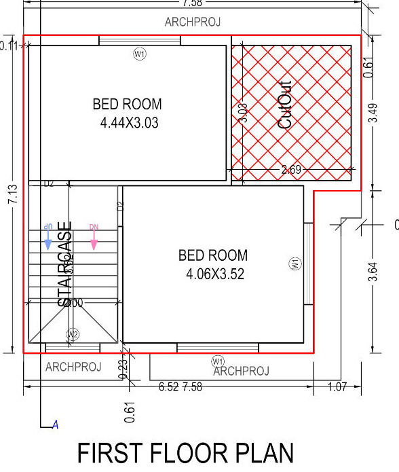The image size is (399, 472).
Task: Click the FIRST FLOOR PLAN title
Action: coord(186,454)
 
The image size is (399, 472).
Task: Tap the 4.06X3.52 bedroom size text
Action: coord(214,274)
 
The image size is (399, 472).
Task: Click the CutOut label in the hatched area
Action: coord(286,105)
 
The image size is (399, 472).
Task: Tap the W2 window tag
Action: coord(73,334)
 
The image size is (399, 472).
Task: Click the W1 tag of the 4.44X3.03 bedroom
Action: coord(140,55)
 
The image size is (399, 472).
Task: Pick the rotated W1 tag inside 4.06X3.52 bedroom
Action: coord(295,264)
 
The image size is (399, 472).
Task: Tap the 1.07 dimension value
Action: coord(336,387)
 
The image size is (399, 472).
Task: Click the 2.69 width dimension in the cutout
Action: coord(291,170)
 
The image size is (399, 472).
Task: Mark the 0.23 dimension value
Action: coord(123,368)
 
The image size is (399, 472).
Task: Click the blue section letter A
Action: coord(56,426)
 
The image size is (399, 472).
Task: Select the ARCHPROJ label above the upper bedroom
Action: coord(192,22)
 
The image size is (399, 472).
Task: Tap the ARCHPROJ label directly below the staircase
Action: coord(73,367)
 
